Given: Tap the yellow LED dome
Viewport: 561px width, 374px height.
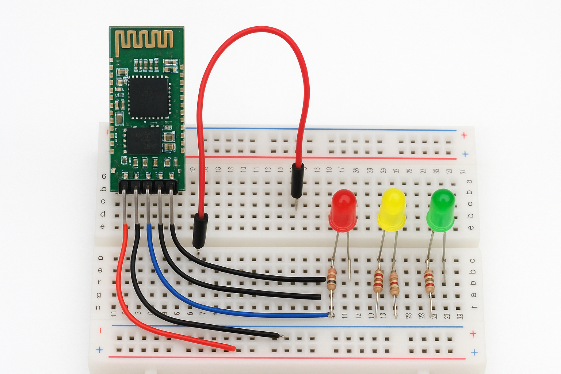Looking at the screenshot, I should point(392,207).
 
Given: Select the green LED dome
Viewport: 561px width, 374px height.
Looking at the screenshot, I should point(441,208).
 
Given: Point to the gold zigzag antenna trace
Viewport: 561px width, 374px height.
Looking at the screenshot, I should point(144,39).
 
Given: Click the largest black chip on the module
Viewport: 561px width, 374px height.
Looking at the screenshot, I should point(149,96).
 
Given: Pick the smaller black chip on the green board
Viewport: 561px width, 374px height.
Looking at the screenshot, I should point(143,140).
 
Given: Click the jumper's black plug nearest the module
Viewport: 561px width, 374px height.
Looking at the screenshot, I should point(200,229).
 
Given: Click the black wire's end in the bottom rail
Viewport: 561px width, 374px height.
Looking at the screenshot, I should point(279,336).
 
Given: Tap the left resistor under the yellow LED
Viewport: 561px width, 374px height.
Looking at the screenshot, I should point(378,281).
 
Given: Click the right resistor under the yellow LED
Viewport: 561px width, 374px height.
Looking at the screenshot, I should point(394,283).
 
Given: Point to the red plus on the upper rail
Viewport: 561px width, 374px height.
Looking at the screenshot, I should point(464,135).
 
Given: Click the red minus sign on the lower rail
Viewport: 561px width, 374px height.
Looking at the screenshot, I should point(100,331).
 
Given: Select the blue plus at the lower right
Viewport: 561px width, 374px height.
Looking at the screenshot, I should point(474,352).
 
